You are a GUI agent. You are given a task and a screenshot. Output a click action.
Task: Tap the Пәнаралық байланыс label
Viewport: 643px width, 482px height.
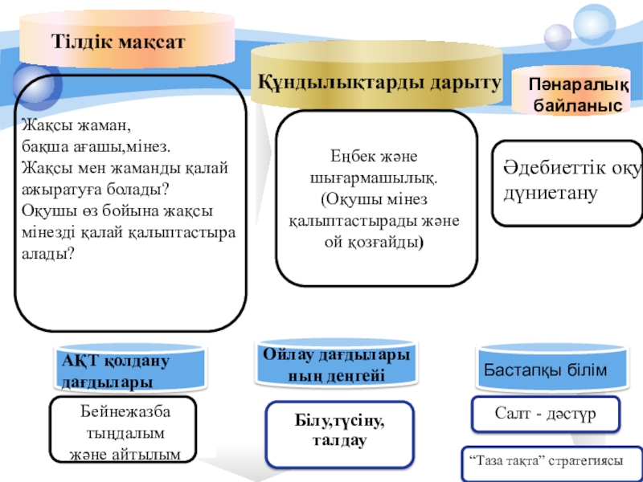click(577, 95)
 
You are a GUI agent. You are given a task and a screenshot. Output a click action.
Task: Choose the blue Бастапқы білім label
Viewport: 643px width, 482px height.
click(545, 370)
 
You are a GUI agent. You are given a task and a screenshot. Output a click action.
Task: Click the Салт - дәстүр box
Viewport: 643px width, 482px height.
click(545, 414)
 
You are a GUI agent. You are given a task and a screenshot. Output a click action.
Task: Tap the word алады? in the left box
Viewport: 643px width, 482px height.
click(48, 253)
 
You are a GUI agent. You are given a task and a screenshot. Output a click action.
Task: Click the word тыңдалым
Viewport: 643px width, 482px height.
click(125, 433)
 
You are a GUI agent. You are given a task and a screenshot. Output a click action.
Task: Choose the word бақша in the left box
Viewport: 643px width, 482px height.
click(42, 148)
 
